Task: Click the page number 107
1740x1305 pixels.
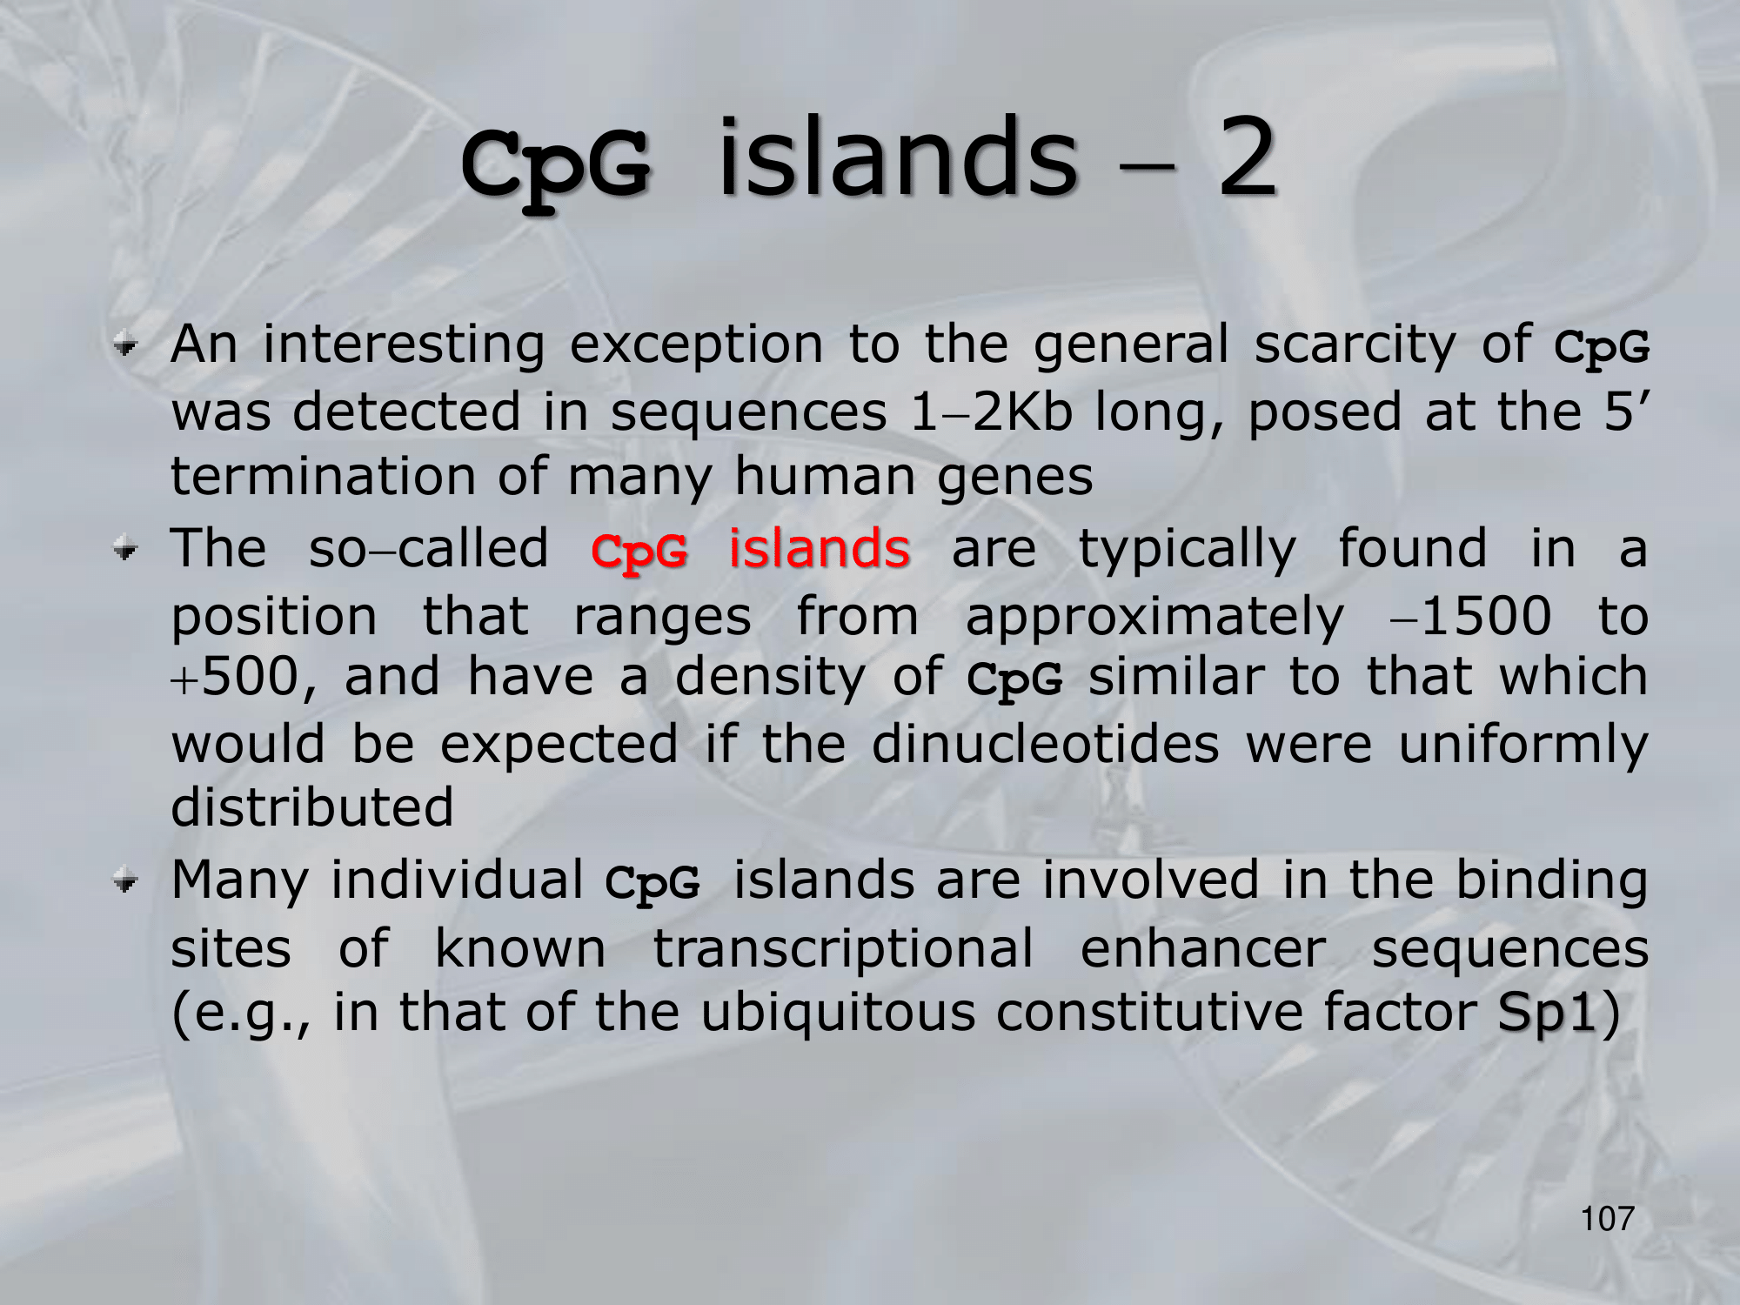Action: click(1608, 1218)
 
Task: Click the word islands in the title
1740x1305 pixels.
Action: click(897, 156)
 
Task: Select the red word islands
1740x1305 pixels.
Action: click(820, 548)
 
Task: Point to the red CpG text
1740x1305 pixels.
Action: click(639, 551)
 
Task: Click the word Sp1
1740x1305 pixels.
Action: click(1547, 1014)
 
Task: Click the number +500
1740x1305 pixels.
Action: click(236, 677)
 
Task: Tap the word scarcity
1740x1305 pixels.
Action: click(1355, 344)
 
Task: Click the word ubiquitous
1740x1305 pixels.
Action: click(838, 1014)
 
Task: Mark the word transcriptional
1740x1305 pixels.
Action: click(844, 948)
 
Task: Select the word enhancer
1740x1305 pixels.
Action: click(1203, 947)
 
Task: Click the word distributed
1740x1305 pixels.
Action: click(312, 806)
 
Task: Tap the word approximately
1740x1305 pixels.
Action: click(1155, 618)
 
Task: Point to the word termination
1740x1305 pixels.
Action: click(323, 477)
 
